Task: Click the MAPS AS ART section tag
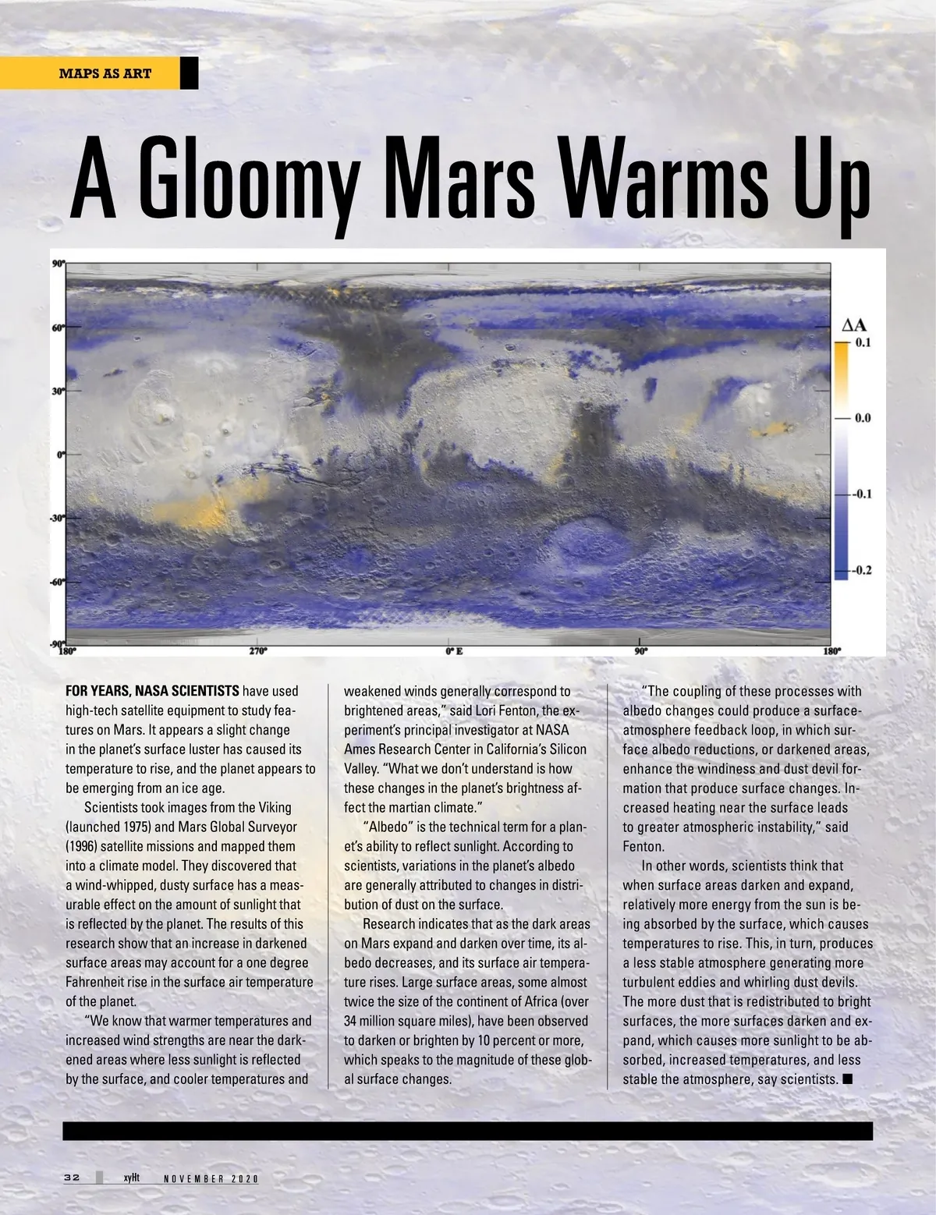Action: tap(105, 74)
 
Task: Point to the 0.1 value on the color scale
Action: tap(863, 342)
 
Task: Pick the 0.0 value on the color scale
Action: tap(863, 418)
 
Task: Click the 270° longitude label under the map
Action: tap(258, 651)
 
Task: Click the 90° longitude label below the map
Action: tap(640, 651)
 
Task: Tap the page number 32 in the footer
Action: tap(73, 1178)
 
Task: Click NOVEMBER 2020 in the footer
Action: tap(211, 1178)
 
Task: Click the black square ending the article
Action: tap(848, 1079)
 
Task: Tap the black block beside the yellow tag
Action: tap(190, 74)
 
